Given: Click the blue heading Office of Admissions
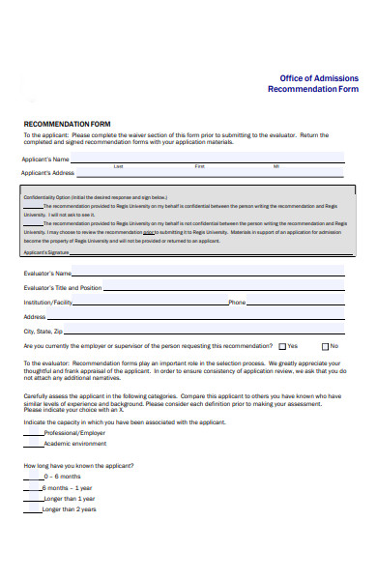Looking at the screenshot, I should tap(319, 77).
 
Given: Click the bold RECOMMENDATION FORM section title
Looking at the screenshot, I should tap(68, 125).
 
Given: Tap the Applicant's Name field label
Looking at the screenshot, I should tap(45, 159).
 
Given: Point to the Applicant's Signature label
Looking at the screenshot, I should tap(47, 252).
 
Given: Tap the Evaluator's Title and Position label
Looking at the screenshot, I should tap(62, 288).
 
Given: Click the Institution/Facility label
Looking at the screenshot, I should tap(48, 303).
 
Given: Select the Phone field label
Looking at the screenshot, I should tap(237, 303).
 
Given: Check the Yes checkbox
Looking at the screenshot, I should tap(282, 346).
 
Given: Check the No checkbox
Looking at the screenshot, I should tap(324, 346).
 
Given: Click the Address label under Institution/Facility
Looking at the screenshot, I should tap(35, 317).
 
